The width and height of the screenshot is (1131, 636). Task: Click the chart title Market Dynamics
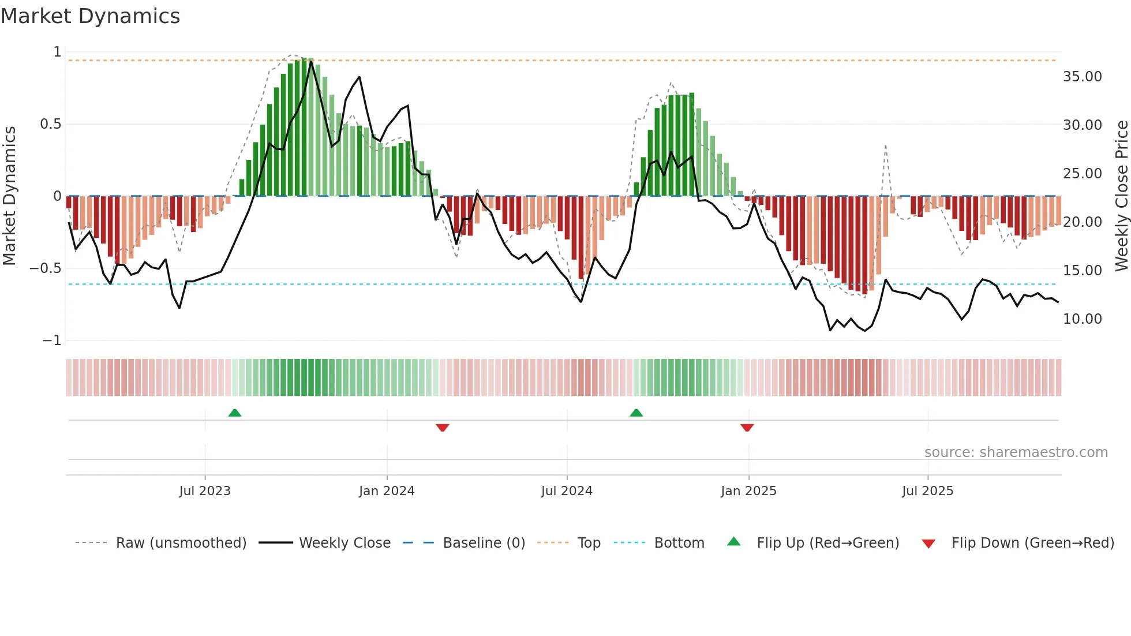(x=90, y=16)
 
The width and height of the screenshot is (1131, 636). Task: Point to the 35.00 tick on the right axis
(x=1082, y=77)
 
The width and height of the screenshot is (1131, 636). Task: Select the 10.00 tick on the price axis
(x=1082, y=319)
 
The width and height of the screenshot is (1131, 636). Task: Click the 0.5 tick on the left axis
(x=50, y=124)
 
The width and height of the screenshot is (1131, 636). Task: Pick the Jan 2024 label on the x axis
(x=387, y=491)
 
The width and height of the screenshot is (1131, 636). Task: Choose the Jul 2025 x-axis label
(x=927, y=491)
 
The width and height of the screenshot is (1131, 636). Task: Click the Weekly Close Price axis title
(x=1121, y=196)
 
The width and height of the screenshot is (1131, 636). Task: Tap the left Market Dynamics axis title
(x=9, y=196)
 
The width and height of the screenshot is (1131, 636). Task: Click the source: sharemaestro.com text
(x=1016, y=452)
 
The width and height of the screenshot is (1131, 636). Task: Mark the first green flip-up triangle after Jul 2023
(x=234, y=413)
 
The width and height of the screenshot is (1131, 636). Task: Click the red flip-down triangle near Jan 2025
(x=747, y=428)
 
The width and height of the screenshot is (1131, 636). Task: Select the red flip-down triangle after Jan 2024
(x=443, y=428)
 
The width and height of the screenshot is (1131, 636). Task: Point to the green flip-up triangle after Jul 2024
(x=636, y=413)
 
